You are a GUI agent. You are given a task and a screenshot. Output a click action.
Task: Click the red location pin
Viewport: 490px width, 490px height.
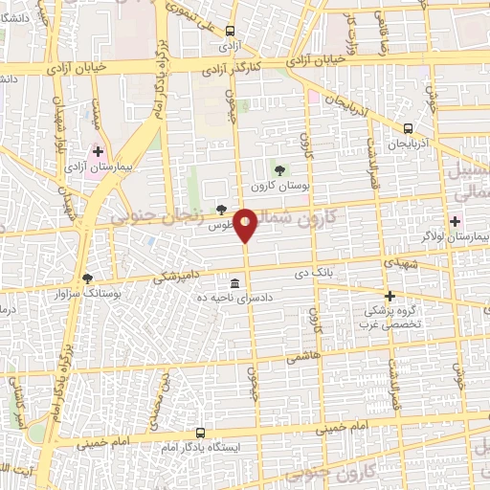246,225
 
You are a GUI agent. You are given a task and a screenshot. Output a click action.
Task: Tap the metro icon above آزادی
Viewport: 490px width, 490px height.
230,29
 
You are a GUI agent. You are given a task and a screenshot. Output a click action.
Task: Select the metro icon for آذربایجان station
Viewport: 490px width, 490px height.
409,127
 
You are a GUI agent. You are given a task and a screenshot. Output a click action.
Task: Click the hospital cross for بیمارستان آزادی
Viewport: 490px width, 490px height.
98,151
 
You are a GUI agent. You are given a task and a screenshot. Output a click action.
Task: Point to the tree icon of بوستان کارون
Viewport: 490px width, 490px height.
279,170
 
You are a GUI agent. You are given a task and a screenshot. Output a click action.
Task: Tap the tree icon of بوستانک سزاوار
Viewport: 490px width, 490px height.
88,277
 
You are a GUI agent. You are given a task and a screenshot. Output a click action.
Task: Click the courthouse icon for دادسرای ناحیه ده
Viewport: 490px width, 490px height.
234,283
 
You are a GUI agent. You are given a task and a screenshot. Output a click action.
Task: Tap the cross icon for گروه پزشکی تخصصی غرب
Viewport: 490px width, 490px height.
390,297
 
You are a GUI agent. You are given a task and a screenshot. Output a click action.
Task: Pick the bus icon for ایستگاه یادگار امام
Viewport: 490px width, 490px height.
200,433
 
